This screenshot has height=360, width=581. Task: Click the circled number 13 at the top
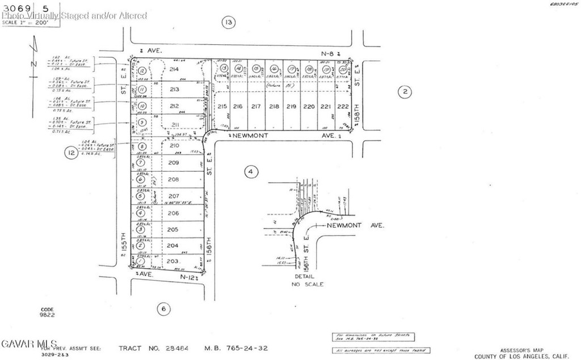pyautogui.click(x=228, y=23)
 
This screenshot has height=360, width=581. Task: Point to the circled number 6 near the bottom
pyautogui.click(x=163, y=309)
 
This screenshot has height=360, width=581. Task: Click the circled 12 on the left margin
pyautogui.click(x=70, y=153)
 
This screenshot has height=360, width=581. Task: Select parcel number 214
pyautogui.click(x=174, y=70)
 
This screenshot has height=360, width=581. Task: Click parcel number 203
pyautogui.click(x=173, y=261)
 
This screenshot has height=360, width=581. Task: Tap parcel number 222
pyautogui.click(x=342, y=106)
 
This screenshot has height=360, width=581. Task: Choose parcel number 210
pyautogui.click(x=174, y=145)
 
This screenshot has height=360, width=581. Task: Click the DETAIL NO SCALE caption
pyautogui.click(x=308, y=281)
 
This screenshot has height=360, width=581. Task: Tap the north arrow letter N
pyautogui.click(x=33, y=63)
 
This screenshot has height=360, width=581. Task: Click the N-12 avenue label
pyautogui.click(x=188, y=277)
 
